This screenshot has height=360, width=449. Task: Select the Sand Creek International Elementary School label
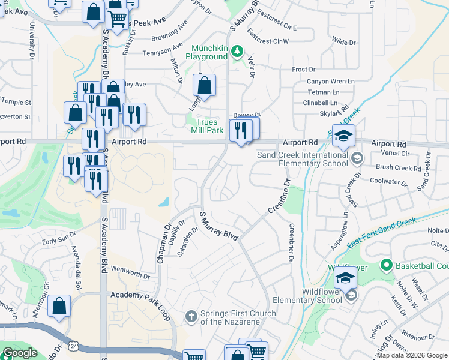click(x=303, y=159)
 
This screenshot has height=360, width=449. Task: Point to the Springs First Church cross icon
click(x=190, y=315)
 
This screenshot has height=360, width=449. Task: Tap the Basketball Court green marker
click(x=386, y=265)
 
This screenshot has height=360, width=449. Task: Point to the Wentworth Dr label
click(x=130, y=272)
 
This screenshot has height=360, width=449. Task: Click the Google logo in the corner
click(x=19, y=353)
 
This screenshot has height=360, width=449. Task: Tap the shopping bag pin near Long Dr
click(x=205, y=86)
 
